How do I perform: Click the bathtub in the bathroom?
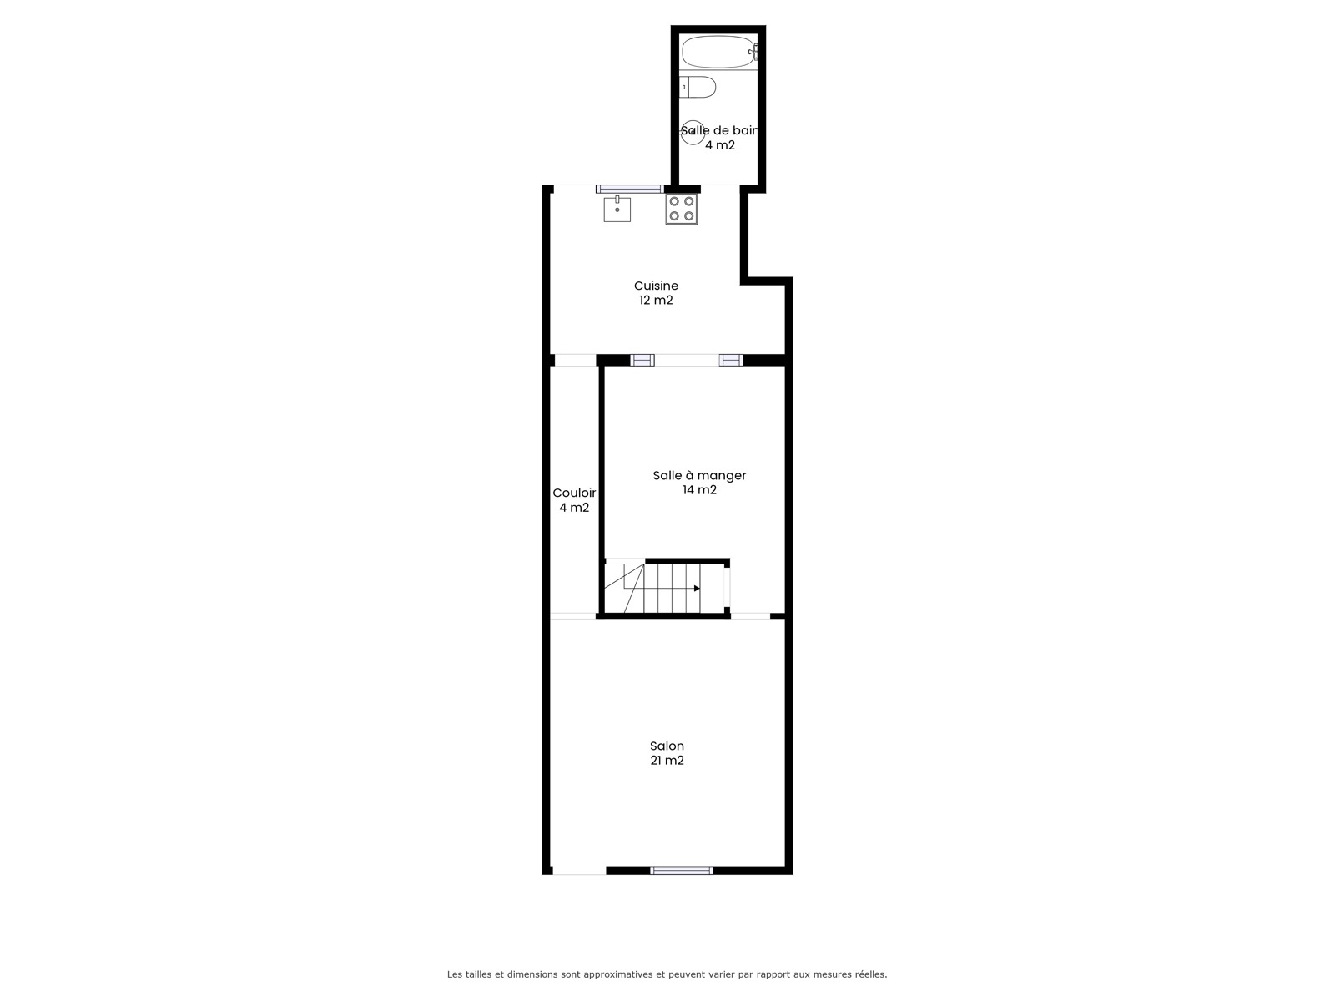[x=718, y=52]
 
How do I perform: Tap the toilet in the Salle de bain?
[x=697, y=87]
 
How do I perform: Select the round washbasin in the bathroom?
[x=693, y=132]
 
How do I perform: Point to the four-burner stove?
[x=681, y=209]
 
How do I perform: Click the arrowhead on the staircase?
[x=697, y=589]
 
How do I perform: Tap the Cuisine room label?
[x=656, y=286]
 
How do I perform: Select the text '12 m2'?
[x=656, y=300]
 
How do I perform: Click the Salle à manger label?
[x=699, y=476]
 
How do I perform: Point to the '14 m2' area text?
[x=699, y=490]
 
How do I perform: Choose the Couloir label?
[x=574, y=493]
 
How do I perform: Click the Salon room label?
[x=667, y=746]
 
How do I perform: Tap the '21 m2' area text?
[x=667, y=761]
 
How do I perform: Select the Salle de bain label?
[x=719, y=130]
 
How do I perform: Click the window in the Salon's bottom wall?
[x=681, y=871]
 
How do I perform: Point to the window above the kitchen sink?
[x=629, y=190]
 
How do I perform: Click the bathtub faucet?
[x=753, y=52]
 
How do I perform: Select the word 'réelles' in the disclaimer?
[x=870, y=974]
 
